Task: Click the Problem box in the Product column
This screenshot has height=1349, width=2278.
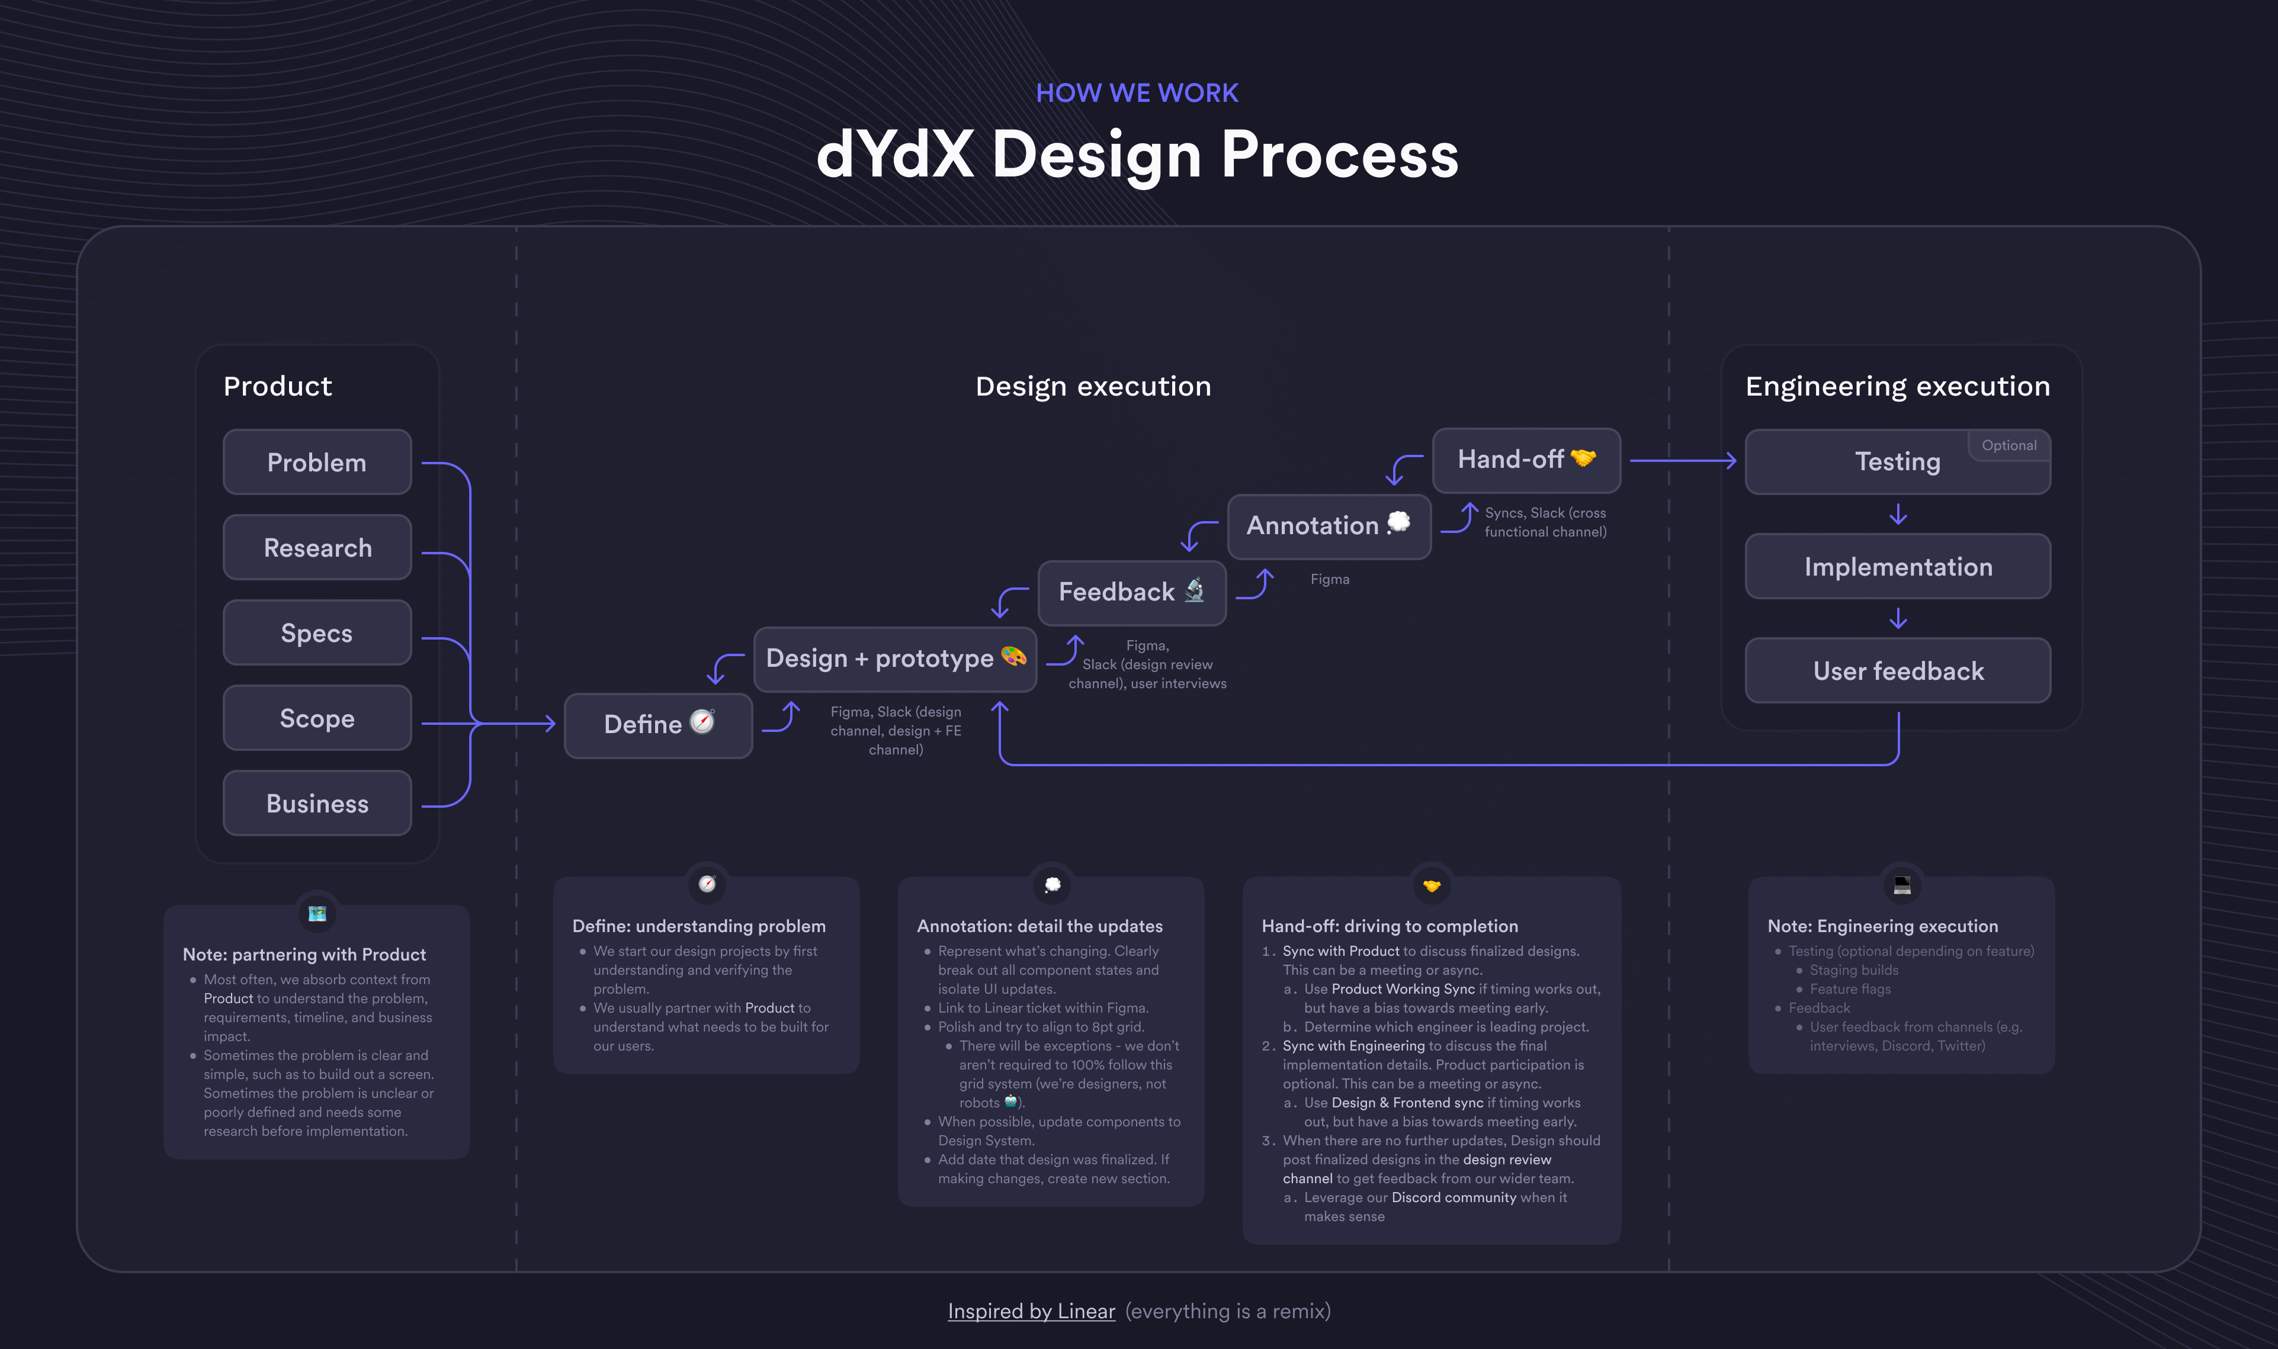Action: pos(317,462)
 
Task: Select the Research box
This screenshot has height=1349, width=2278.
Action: pos(317,547)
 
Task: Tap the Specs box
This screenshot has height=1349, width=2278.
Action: pos(317,632)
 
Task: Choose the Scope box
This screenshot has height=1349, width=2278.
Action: pos(317,718)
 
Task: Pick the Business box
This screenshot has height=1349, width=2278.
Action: pos(317,804)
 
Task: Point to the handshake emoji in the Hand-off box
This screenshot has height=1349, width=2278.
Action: pos(1583,458)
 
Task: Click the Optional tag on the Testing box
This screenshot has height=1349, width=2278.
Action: pos(2009,445)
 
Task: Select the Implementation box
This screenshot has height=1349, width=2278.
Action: pos(1898,566)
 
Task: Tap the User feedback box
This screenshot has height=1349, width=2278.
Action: pos(1898,671)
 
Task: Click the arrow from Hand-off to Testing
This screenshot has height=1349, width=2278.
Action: pos(1683,461)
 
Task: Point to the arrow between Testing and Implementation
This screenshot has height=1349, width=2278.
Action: pos(1898,515)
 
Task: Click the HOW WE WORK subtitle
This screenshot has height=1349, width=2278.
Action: pos(1137,93)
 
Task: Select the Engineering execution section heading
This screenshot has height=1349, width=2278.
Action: pos(1898,386)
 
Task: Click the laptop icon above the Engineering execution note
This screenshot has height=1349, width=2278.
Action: pos(1902,885)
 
